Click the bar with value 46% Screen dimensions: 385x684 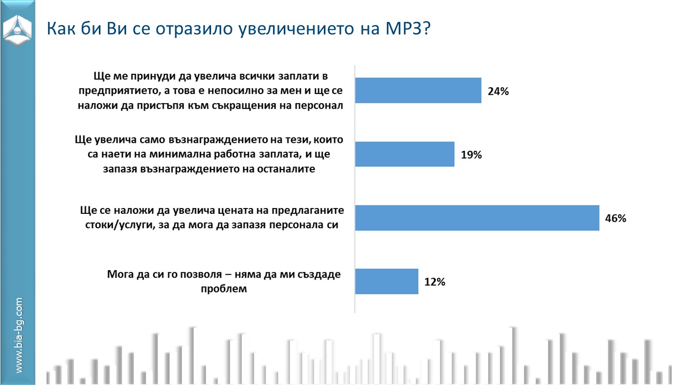click(x=477, y=218)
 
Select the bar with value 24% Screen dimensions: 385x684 click(x=418, y=90)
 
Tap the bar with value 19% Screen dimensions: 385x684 click(x=405, y=154)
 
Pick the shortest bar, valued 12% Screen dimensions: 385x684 click(x=386, y=281)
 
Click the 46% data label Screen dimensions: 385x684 click(x=615, y=218)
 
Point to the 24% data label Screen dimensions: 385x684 click(x=498, y=91)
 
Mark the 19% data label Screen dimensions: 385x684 click(x=471, y=155)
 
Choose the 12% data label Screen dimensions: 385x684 click(x=434, y=282)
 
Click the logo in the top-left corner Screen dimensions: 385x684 click(x=17, y=31)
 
